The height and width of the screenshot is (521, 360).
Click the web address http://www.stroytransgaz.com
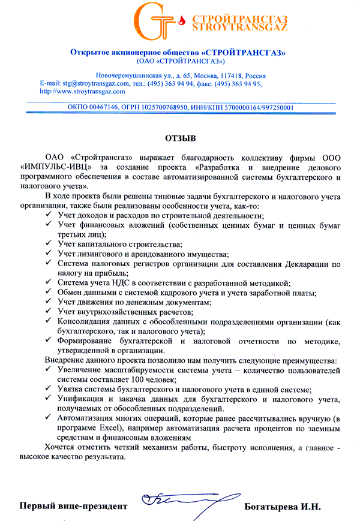click(x=82, y=92)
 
